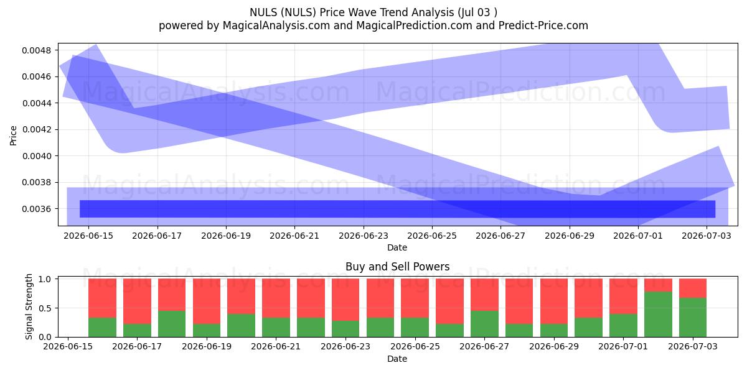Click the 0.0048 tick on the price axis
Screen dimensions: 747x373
pos(36,50)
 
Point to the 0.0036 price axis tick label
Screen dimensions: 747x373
pos(36,209)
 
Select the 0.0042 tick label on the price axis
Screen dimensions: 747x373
pos(36,129)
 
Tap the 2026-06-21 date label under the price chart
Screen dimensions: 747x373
pos(294,236)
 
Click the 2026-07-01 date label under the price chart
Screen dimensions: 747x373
pos(638,236)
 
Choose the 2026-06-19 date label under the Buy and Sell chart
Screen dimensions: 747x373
pos(207,346)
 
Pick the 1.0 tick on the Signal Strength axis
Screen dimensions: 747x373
pos(45,279)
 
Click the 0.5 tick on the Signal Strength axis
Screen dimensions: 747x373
pos(45,308)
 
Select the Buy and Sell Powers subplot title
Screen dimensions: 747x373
pos(398,267)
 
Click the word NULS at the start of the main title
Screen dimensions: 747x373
pos(263,12)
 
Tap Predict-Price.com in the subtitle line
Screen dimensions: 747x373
pos(543,25)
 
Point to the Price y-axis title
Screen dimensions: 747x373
pos(13,136)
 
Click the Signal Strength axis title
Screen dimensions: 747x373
pos(29,306)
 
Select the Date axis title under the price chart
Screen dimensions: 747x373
pos(397,248)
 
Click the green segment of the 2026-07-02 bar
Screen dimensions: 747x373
pos(658,315)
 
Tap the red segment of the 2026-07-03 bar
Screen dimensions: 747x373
pos(693,288)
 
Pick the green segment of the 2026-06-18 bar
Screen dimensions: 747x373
pos(172,324)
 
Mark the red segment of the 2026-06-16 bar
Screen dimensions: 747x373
pos(102,298)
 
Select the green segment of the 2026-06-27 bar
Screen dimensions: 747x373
pos(484,324)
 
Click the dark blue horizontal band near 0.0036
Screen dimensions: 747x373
pos(398,209)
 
